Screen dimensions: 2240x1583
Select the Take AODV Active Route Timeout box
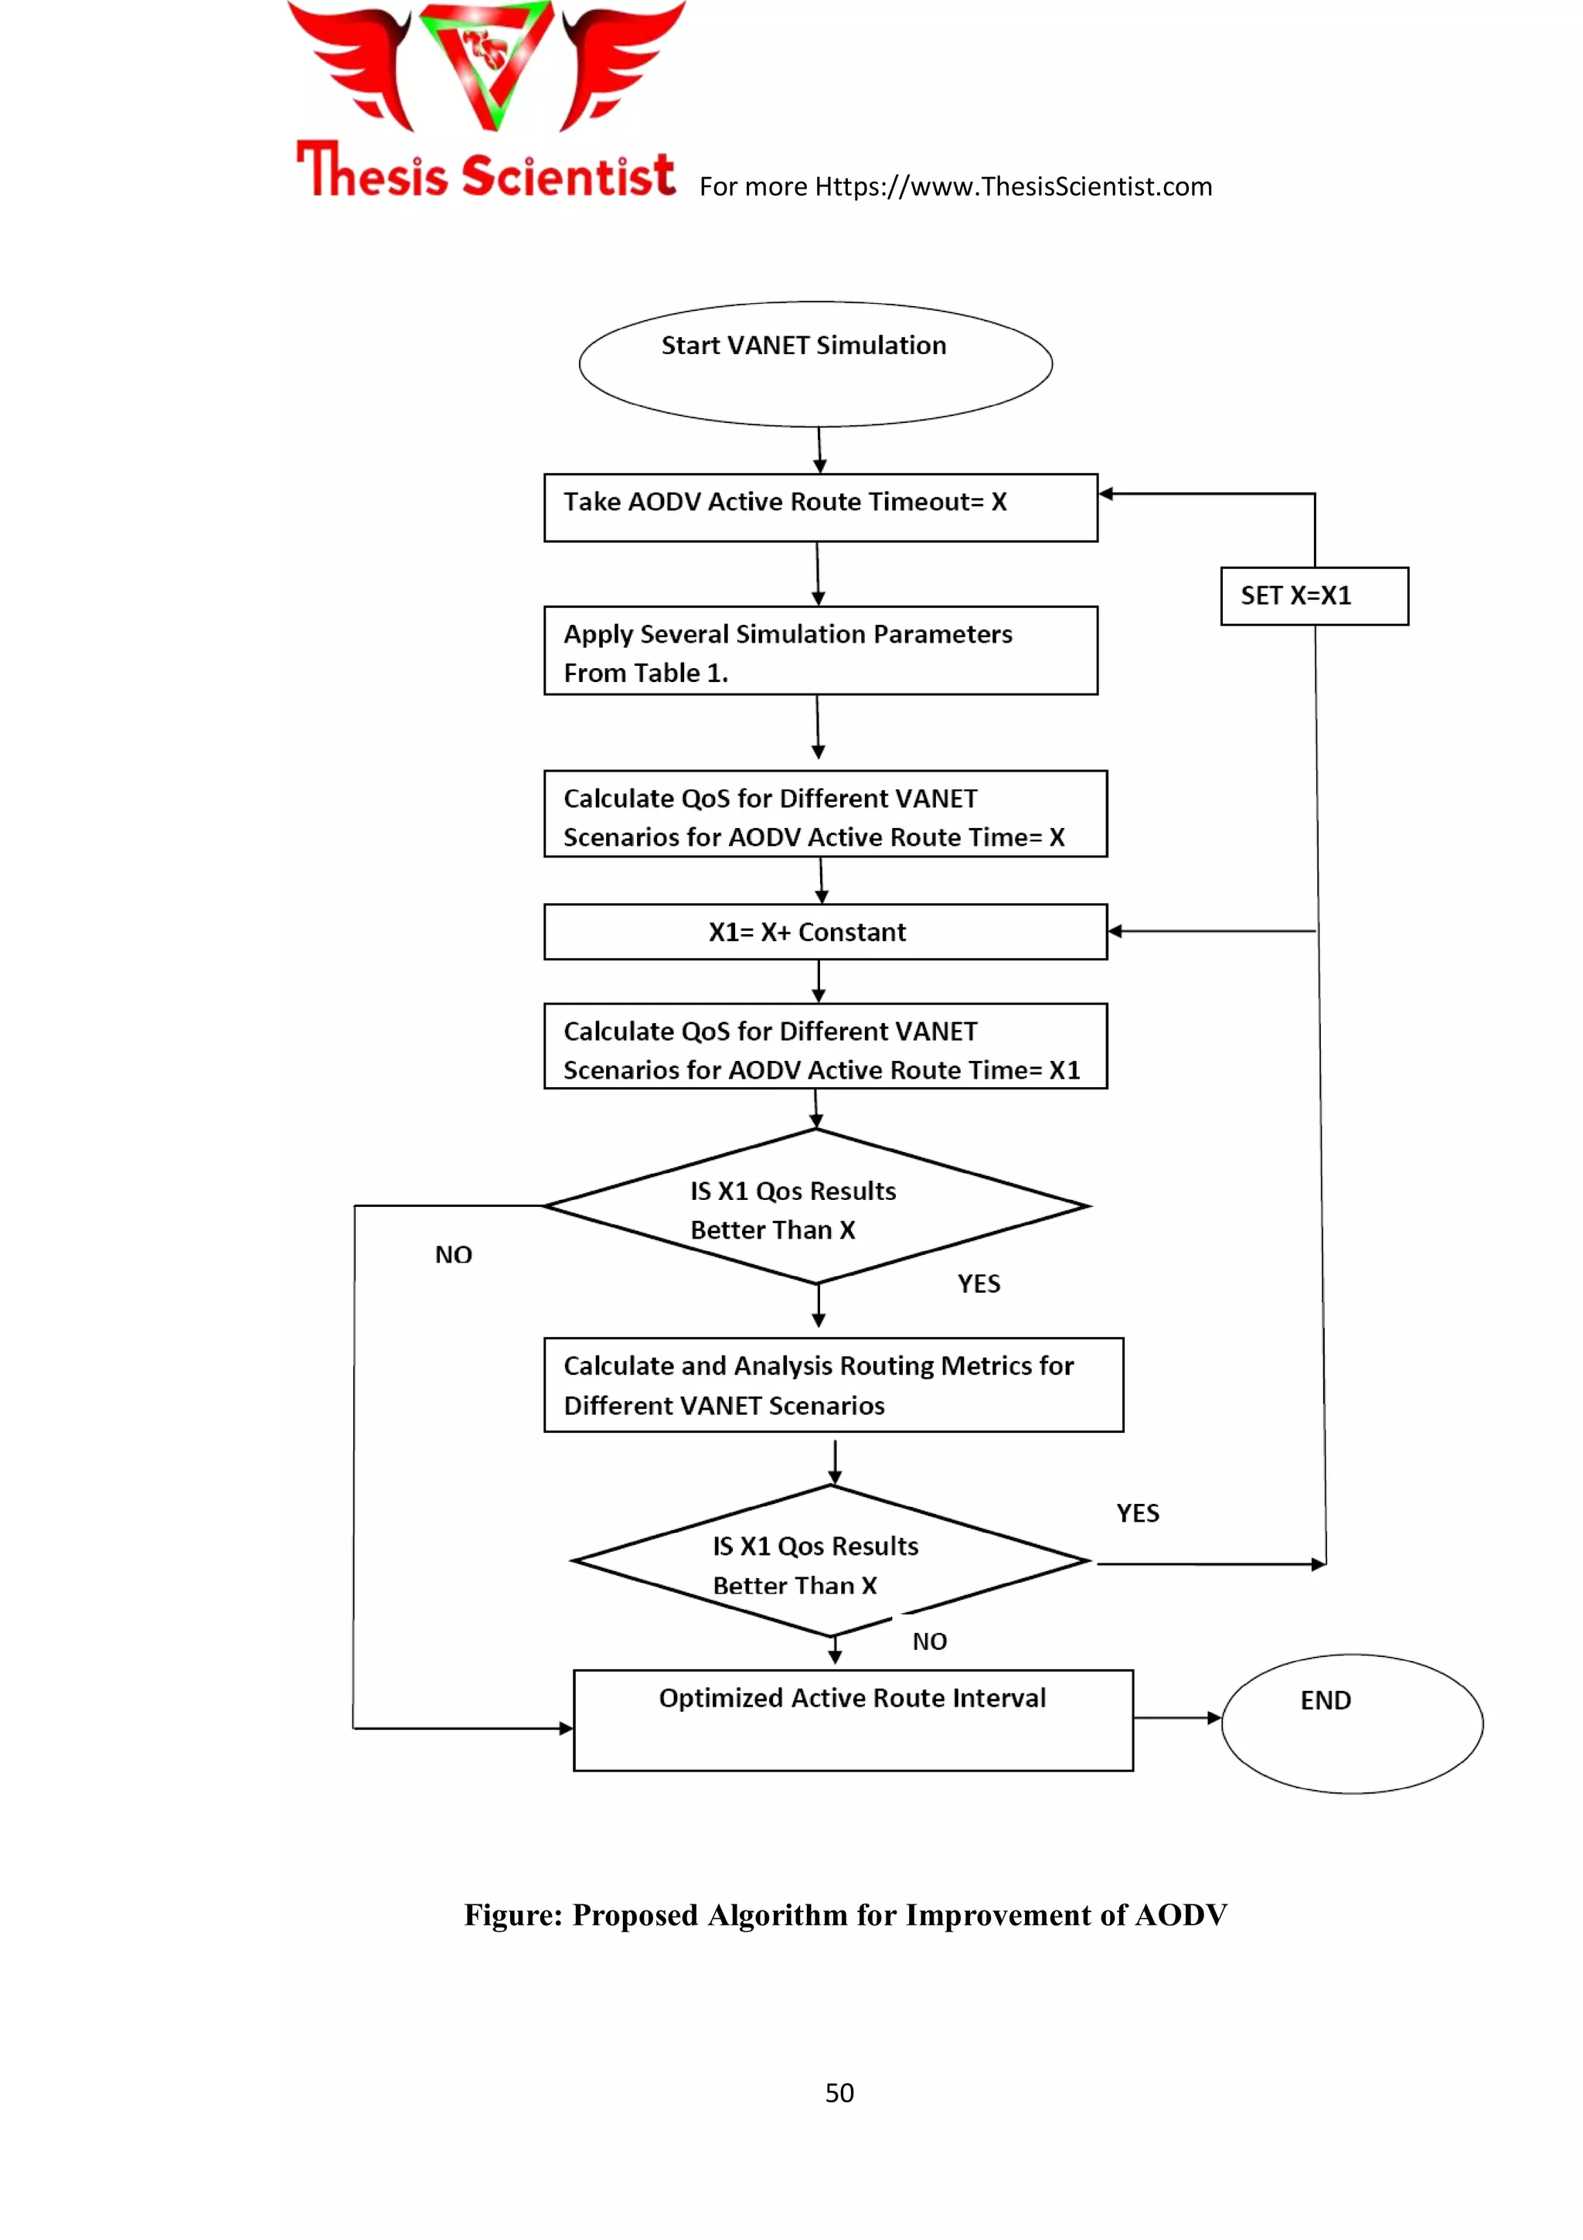(x=819, y=507)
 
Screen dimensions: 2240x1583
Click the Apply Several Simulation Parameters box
(x=819, y=651)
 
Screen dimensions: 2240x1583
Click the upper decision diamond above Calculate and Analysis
(x=815, y=1207)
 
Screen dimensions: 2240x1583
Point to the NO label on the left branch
(x=454, y=1255)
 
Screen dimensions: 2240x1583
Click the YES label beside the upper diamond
(x=979, y=1284)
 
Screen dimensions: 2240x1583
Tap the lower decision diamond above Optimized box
(x=830, y=1562)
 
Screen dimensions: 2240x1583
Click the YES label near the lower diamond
(x=1137, y=1513)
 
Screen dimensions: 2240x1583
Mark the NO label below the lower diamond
(x=930, y=1642)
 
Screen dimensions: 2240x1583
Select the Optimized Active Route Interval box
(x=853, y=1720)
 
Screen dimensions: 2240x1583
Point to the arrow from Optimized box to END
(x=1176, y=1718)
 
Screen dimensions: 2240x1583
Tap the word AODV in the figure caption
(x=1180, y=1915)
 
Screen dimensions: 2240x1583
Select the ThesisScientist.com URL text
(x=1013, y=186)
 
